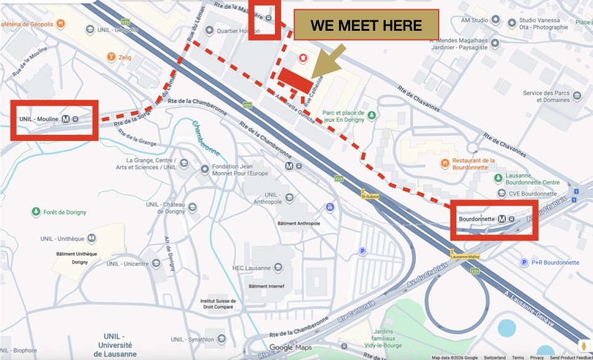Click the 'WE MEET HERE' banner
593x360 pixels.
pos(366,25)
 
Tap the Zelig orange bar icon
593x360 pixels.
pos(111,57)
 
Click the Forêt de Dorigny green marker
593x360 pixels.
pos(36,212)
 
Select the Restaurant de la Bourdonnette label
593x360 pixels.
pos(473,164)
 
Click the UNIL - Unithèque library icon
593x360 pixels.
pos(91,238)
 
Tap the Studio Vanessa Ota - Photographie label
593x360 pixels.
pos(541,23)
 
